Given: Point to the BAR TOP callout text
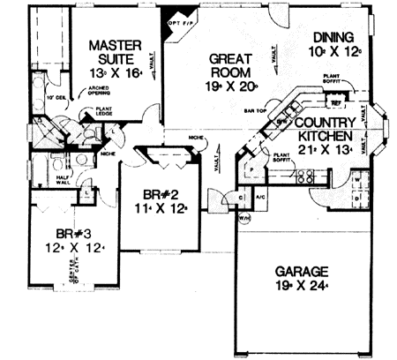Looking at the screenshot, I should click(x=256, y=113).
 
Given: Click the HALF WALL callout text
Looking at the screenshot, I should click(x=38, y=177).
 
